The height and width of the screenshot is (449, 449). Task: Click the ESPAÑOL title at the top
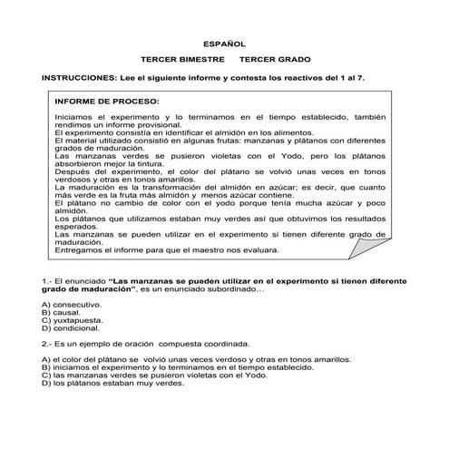click(x=223, y=43)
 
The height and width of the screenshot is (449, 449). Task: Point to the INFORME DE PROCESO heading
click(x=106, y=102)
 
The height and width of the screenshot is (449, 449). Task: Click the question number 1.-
click(x=49, y=282)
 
